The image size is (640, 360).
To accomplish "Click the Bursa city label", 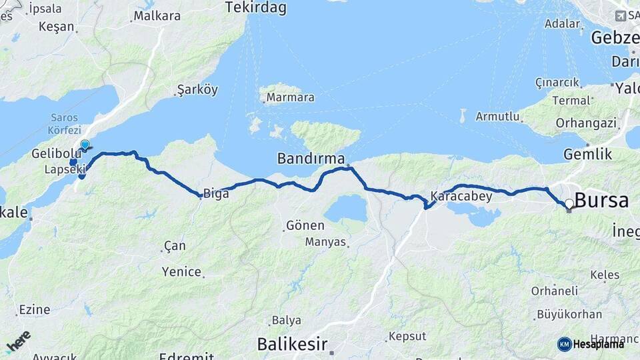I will [601, 200].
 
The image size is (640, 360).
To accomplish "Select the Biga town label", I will [216, 194].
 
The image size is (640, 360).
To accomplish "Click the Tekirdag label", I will [255, 8].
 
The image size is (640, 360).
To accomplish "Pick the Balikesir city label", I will [292, 344].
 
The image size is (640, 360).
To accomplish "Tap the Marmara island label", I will [290, 98].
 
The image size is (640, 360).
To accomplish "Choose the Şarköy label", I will [197, 89].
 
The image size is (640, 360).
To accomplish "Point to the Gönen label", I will [305, 225].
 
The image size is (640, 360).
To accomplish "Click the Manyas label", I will [325, 241].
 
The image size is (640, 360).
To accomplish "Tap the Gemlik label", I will [587, 154].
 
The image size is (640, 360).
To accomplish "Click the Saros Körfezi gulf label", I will [65, 124].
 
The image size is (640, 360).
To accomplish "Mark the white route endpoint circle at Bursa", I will [569, 204].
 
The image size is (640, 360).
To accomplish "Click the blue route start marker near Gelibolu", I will [85, 144].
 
